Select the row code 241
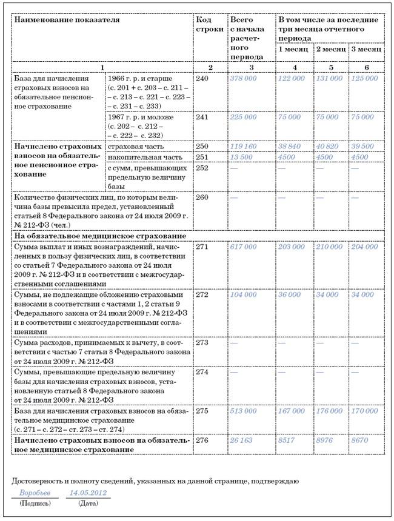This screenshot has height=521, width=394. (203, 117)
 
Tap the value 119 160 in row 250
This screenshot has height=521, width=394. (243, 147)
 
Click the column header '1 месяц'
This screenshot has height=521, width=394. (293, 48)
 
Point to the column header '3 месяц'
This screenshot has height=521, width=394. (366, 48)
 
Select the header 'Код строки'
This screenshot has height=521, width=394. (208, 24)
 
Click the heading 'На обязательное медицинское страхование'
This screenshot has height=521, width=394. (90, 235)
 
